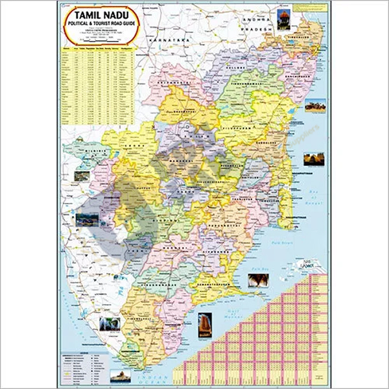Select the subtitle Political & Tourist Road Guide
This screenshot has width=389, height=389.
pos(97,25)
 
